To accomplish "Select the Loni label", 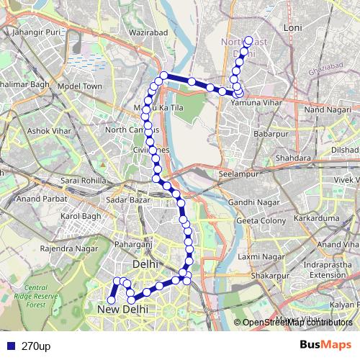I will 313,27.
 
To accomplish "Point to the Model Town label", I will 81,86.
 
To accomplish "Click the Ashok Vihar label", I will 48,131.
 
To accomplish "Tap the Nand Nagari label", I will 325,109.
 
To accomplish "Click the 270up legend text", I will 36,346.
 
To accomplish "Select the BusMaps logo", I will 326,345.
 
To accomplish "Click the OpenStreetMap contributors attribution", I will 298,322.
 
